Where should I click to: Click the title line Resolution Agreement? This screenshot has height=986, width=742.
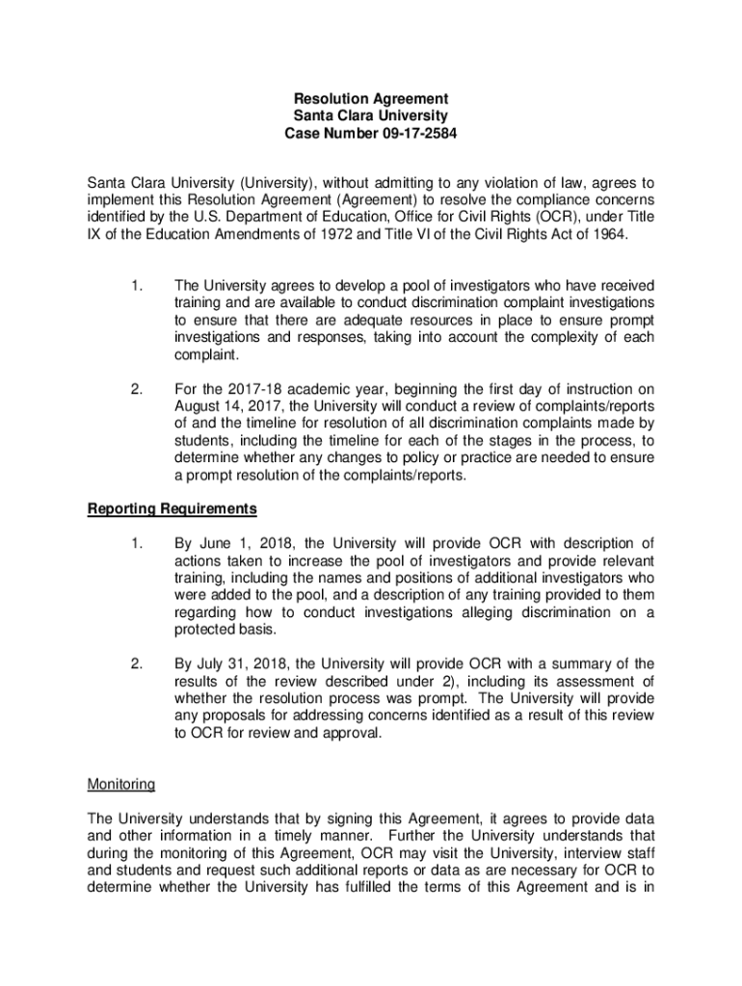tap(371, 98)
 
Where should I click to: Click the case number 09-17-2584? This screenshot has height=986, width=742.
tap(412, 133)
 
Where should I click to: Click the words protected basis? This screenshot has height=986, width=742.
tap(224, 629)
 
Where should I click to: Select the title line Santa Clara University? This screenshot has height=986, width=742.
tap(371, 116)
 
